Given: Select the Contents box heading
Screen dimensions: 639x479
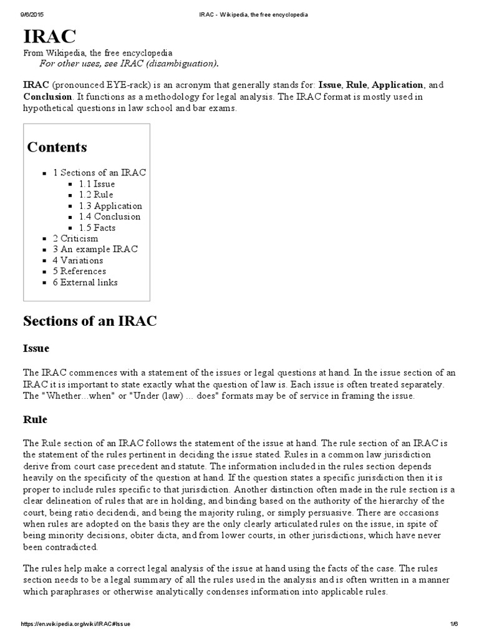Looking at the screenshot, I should pos(57,147).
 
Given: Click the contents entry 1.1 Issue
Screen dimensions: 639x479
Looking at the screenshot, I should pos(97,184).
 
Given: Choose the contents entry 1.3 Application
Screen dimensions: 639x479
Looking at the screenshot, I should pos(110,206).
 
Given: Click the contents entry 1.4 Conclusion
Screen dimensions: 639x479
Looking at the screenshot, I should pos(110,217).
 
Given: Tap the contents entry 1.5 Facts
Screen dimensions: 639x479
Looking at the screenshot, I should pos(97,228).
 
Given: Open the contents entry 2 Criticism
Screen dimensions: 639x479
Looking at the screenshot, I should pos(75,238).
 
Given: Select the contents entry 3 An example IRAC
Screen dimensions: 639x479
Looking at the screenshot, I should pos(95,249).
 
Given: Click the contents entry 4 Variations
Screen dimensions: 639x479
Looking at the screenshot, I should pos(78,260).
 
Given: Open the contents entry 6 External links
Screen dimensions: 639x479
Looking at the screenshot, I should pos(85,282).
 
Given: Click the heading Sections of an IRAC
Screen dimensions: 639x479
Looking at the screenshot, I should pos(90,321).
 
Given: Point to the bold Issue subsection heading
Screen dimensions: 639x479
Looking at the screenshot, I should pos(36,348).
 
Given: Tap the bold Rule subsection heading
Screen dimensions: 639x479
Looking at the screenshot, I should pos(35,419).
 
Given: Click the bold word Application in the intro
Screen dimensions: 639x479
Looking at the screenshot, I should pos(398,84).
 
